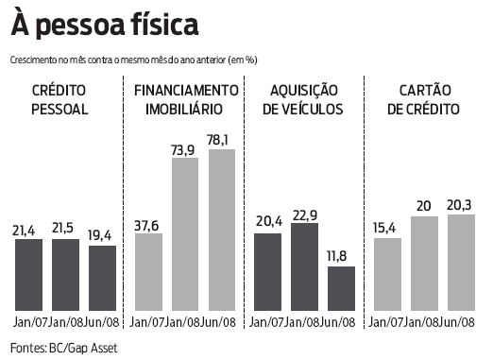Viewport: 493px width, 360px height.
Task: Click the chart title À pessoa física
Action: click(x=105, y=23)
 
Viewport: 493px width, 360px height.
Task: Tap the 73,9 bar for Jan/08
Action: click(x=185, y=234)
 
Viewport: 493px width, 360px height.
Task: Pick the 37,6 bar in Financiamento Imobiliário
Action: click(x=148, y=273)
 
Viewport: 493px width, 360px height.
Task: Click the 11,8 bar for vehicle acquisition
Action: click(x=340, y=289)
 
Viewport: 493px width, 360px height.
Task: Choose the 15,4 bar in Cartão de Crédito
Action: click(x=387, y=275)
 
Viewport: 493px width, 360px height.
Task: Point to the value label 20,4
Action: click(x=267, y=222)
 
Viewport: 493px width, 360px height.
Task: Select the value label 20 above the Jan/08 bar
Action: click(x=425, y=206)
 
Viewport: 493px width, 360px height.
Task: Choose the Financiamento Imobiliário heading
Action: click(x=185, y=99)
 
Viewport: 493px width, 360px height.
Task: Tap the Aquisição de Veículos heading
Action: click(x=305, y=99)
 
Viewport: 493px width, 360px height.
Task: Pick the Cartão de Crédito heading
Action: click(x=425, y=99)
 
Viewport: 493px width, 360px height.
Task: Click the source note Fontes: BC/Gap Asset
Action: click(x=64, y=349)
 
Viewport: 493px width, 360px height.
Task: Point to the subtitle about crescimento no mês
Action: click(x=134, y=59)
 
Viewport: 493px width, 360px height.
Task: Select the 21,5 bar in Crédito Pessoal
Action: click(x=65, y=275)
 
